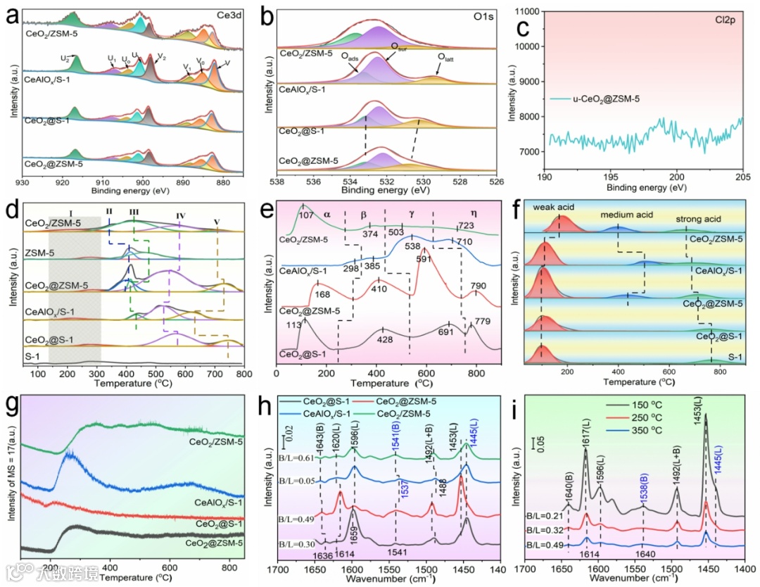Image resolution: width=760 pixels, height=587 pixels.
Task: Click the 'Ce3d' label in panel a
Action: [227, 13]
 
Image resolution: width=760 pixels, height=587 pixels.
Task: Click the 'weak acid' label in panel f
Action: [551, 208]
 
